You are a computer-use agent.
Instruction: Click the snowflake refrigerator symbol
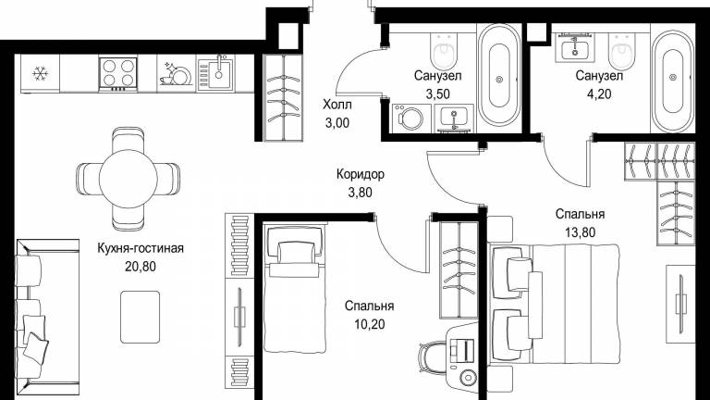(x=40, y=73)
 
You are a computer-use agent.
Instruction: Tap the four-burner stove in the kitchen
(x=117, y=74)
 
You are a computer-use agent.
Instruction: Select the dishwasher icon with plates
(x=176, y=74)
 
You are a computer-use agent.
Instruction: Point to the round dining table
(x=129, y=179)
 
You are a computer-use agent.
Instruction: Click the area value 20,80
(x=141, y=267)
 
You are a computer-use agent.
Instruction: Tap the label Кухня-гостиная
(x=141, y=248)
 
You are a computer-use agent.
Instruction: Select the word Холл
(x=337, y=105)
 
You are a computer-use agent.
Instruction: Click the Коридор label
(x=361, y=174)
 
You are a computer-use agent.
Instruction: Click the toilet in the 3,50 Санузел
(x=444, y=51)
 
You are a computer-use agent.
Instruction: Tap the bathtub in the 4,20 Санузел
(x=673, y=78)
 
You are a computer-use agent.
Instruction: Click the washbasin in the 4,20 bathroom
(x=575, y=47)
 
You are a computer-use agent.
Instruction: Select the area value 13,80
(x=580, y=232)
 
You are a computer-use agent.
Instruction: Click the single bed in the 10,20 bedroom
(x=293, y=289)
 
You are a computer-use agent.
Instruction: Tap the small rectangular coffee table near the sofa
(x=141, y=317)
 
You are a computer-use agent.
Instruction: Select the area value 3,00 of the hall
(x=337, y=123)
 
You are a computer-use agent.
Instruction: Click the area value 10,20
(x=369, y=324)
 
